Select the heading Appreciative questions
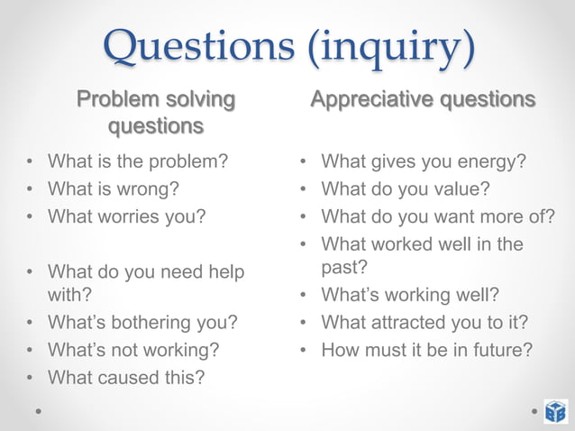point(423,98)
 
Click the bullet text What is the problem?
point(137,162)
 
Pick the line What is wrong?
point(113,189)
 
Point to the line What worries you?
point(126,216)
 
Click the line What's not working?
point(132,350)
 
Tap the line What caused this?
point(125,377)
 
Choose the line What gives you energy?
point(424,162)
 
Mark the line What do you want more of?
point(438,216)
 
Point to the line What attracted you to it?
point(424,323)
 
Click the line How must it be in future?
point(426,350)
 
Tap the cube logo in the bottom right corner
point(555,410)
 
